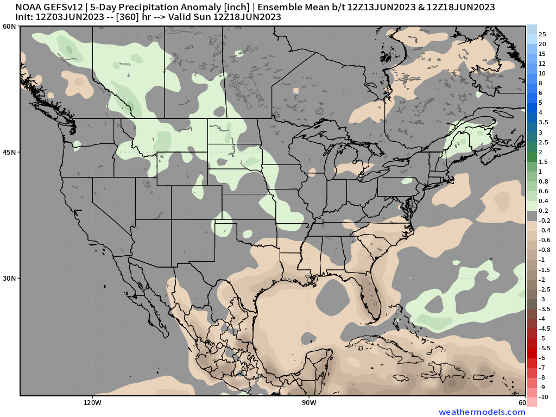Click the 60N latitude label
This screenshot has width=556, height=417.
pos(9,27)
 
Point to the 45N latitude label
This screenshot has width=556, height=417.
pos(9,152)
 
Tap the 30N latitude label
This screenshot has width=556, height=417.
pos(9,278)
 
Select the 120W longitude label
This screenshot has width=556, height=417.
pos(92,403)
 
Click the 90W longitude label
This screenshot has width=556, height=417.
pos(309,403)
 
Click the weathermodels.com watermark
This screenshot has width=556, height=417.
pos(482,412)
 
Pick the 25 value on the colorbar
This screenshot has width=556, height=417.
pos(542,34)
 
